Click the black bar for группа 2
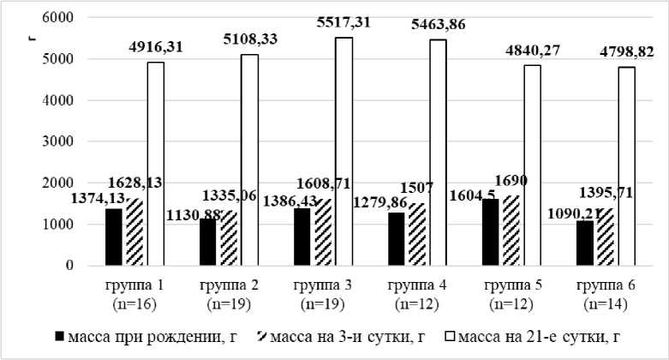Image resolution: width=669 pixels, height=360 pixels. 208,242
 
